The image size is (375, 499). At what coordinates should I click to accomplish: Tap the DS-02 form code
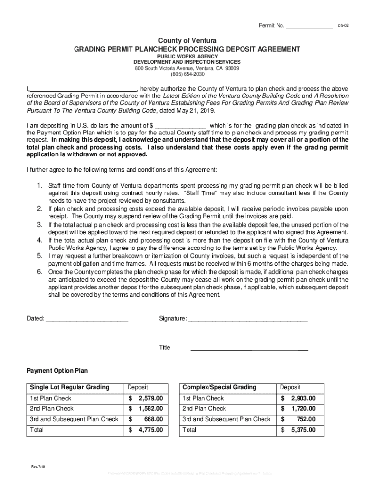tap(344, 25)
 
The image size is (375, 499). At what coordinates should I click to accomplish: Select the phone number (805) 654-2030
tap(187, 74)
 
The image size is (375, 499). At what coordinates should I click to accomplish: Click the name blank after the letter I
tap(83, 89)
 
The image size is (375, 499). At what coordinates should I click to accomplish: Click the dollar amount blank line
tap(180, 125)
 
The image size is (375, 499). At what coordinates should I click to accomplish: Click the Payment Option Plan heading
tap(57, 370)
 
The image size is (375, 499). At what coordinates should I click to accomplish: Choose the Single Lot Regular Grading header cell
tap(70, 387)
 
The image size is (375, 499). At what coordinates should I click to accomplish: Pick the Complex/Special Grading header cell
tap(219, 387)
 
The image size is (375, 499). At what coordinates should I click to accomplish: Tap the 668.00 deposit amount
tap(153, 419)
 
